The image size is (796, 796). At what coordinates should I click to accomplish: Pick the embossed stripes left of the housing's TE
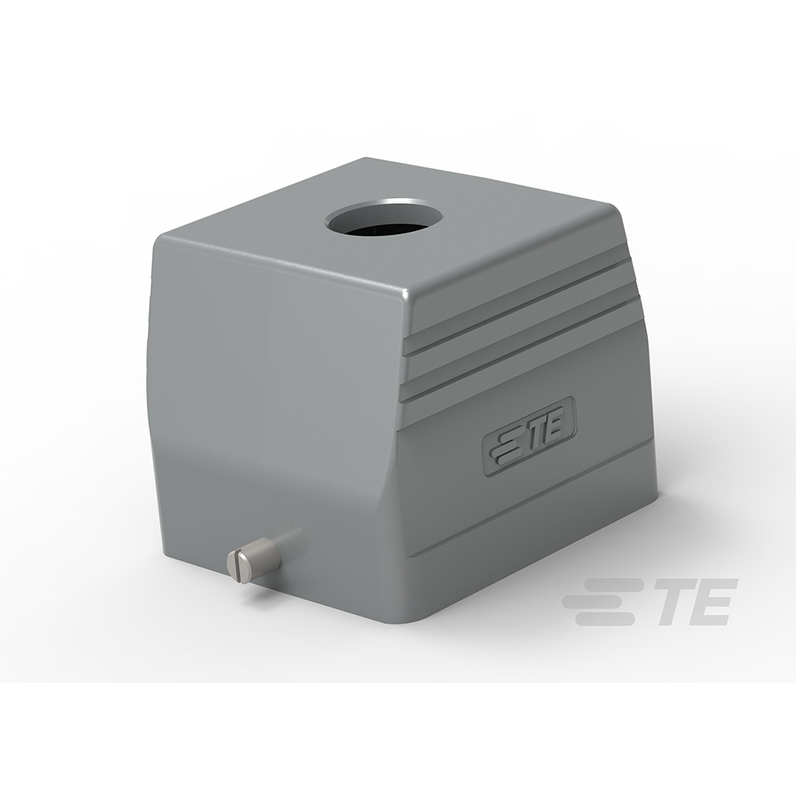pyautogui.click(x=507, y=442)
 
